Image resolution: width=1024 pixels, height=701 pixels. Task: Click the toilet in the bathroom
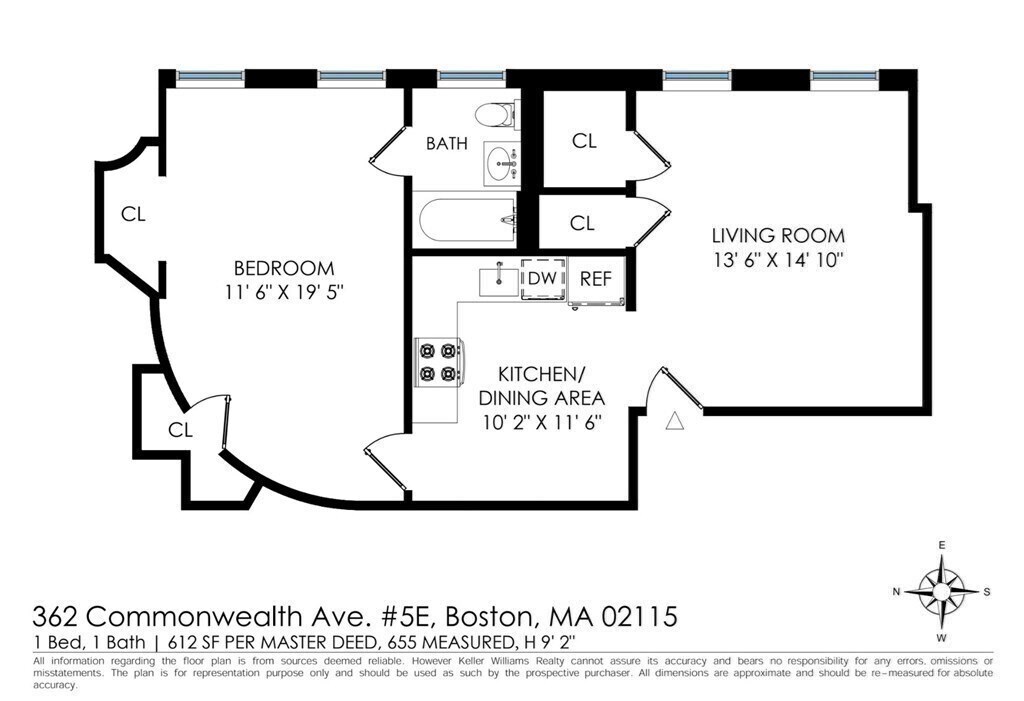click(x=496, y=116)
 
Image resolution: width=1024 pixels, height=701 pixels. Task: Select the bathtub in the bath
click(x=468, y=221)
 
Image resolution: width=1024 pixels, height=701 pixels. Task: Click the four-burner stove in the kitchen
click(x=439, y=363)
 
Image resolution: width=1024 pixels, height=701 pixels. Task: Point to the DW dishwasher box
click(x=543, y=278)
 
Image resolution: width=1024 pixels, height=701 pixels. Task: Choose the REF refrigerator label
click(x=596, y=279)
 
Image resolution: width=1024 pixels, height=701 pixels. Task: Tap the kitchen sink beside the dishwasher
click(x=498, y=282)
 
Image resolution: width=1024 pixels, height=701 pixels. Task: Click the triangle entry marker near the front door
click(x=675, y=421)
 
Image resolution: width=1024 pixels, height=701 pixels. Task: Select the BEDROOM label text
click(x=284, y=268)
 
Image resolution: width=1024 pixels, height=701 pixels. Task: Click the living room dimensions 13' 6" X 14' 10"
click(x=778, y=260)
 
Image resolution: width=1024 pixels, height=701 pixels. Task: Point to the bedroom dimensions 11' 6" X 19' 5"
click(x=284, y=292)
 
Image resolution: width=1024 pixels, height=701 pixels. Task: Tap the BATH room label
click(x=447, y=143)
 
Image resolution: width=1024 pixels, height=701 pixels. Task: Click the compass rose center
click(x=941, y=591)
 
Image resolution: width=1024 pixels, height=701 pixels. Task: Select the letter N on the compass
click(x=897, y=592)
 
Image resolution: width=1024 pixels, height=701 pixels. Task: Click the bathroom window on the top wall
click(x=471, y=76)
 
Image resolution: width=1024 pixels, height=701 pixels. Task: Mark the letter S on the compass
click(x=987, y=592)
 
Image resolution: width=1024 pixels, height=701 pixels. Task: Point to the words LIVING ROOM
click(x=778, y=235)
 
